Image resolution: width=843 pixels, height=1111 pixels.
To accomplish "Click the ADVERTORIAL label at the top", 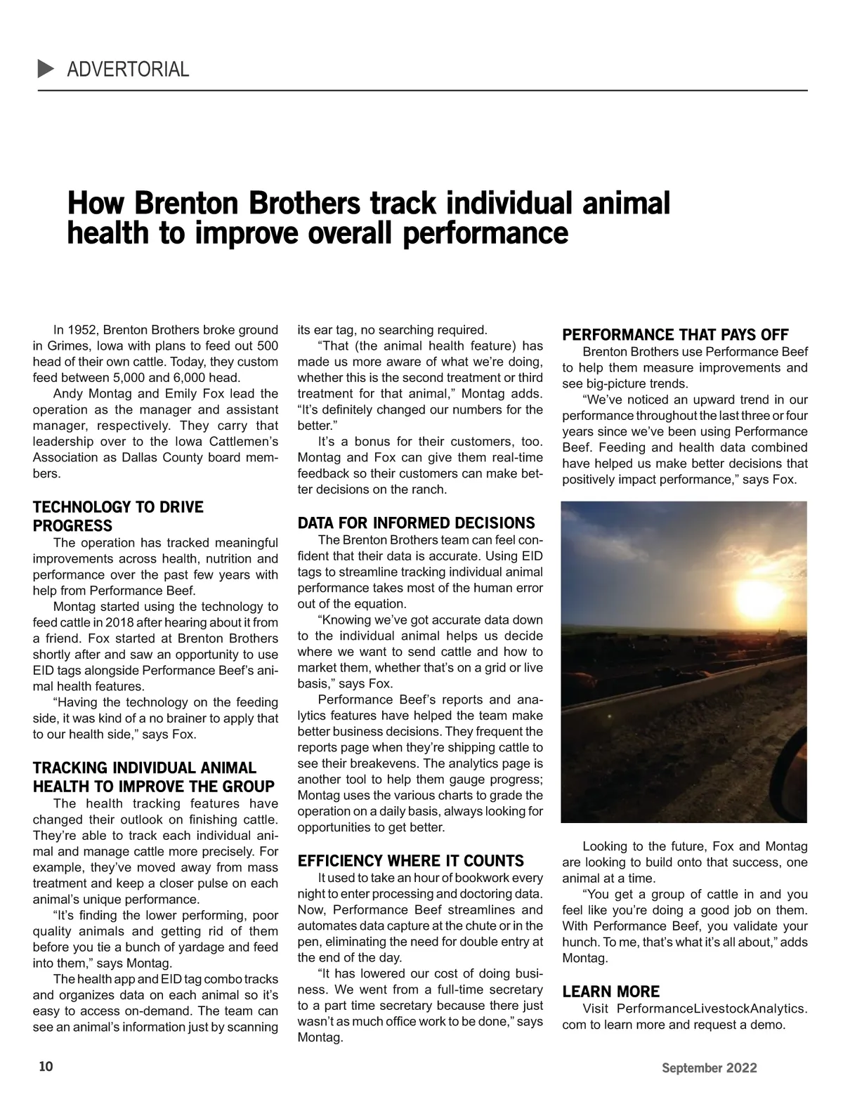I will (128, 70).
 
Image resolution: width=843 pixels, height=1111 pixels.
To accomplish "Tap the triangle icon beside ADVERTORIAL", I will (46, 69).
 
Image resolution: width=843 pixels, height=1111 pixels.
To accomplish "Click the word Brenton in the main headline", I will (181, 204).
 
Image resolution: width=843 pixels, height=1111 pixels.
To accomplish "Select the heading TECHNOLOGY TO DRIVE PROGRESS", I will (118, 516).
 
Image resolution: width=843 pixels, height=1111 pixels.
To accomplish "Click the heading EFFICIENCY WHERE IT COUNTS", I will (410, 861).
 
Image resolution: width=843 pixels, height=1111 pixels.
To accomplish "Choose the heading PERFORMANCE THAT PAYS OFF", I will (675, 335).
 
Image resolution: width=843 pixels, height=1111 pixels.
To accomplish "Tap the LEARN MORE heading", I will (610, 992).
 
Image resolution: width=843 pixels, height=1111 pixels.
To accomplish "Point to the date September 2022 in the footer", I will (709, 1068).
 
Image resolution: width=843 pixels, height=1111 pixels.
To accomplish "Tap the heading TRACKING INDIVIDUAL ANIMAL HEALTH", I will (153, 777).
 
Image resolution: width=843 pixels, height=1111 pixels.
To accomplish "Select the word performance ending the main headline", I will (485, 232).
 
